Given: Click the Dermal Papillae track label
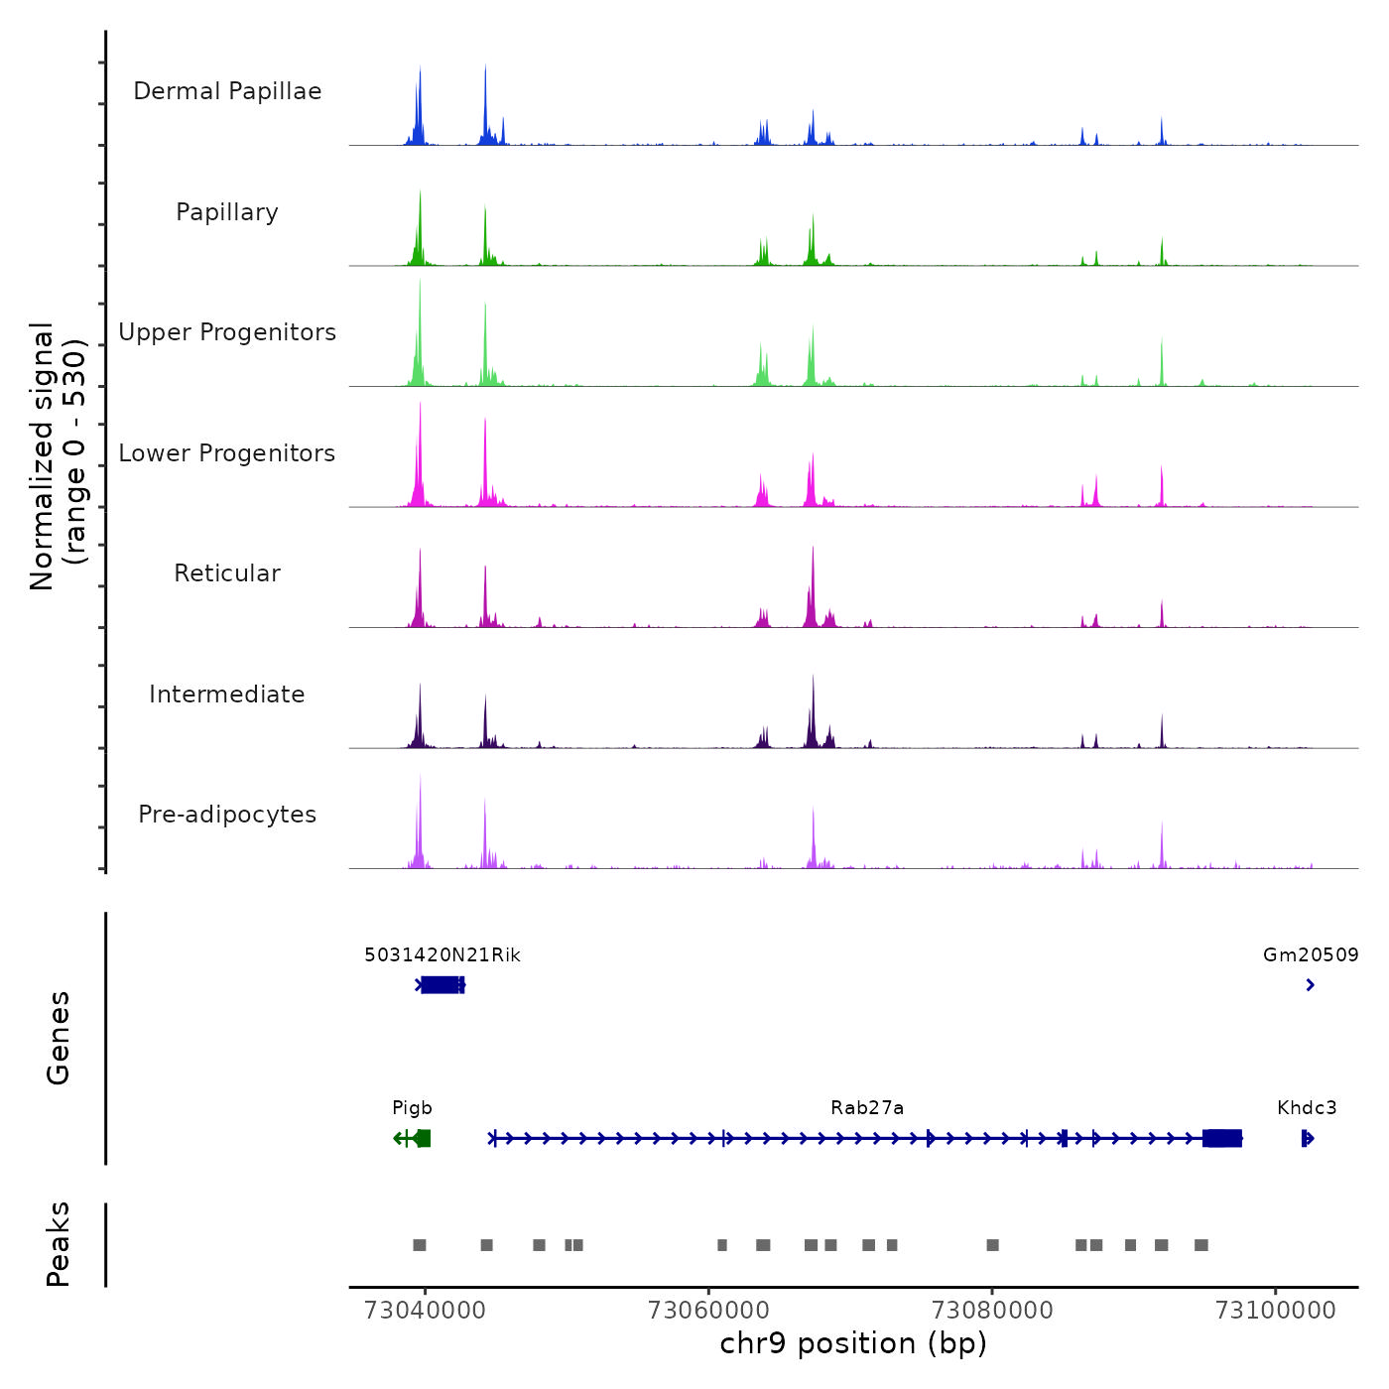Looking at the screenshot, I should [x=227, y=91].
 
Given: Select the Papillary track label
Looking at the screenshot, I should [x=227, y=212].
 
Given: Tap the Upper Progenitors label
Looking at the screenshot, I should [x=227, y=332].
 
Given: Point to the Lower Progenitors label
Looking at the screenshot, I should [x=227, y=453].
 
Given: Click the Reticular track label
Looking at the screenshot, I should [x=227, y=573].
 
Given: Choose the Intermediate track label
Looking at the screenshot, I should [x=227, y=694].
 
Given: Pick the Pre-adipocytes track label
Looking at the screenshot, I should [x=227, y=815].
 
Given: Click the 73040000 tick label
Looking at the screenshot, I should [x=425, y=1310].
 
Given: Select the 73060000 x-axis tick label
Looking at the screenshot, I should [x=708, y=1310].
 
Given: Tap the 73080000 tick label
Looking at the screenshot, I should [x=992, y=1310].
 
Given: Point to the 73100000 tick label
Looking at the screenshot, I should [x=1276, y=1310].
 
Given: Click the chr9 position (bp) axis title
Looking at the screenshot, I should [x=853, y=1343].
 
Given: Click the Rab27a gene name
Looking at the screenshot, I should [x=867, y=1108].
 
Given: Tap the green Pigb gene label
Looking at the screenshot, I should [x=412, y=1108].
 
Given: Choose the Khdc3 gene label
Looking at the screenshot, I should [x=1307, y=1108].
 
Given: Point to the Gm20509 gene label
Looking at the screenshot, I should [x=1311, y=955].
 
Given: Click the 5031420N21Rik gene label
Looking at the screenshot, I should [x=442, y=955].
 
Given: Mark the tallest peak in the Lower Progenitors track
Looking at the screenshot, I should [x=420, y=407].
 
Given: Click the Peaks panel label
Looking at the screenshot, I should [x=59, y=1244].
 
